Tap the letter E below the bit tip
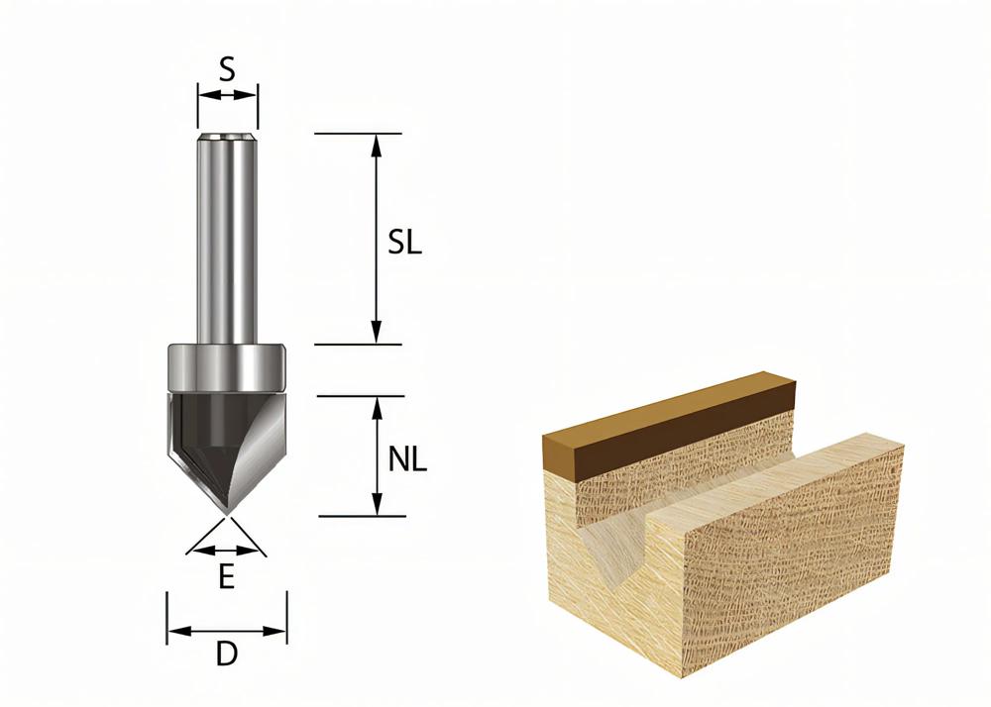[x=226, y=577]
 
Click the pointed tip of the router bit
[x=227, y=512]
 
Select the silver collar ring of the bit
[x=227, y=366]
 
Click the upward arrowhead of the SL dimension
[x=376, y=144]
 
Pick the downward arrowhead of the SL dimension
[x=376, y=334]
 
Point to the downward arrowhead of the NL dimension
[x=376, y=506]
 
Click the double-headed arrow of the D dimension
[x=227, y=630]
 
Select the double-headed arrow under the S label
[x=227, y=95]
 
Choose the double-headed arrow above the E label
[x=227, y=550]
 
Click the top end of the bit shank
[x=227, y=138]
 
